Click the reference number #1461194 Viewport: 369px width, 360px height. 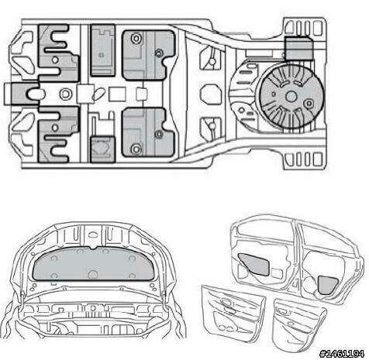click(342, 353)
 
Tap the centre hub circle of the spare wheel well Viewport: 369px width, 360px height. click(291, 97)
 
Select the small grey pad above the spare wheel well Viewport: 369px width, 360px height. click(298, 49)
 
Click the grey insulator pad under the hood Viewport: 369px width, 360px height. click(94, 263)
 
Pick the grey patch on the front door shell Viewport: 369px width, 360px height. click(255, 264)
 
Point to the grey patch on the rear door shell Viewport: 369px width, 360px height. click(327, 285)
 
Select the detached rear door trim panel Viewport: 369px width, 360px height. click(298, 322)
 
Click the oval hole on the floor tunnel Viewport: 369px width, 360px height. click(98, 94)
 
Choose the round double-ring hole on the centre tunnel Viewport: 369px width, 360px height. click(66, 94)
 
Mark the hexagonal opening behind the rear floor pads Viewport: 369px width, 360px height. click(211, 94)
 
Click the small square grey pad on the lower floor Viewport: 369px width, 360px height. click(103, 149)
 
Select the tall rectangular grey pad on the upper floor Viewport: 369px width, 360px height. click(103, 50)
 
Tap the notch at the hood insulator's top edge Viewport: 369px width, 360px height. click(94, 248)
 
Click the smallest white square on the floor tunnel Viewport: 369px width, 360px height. click(141, 94)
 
